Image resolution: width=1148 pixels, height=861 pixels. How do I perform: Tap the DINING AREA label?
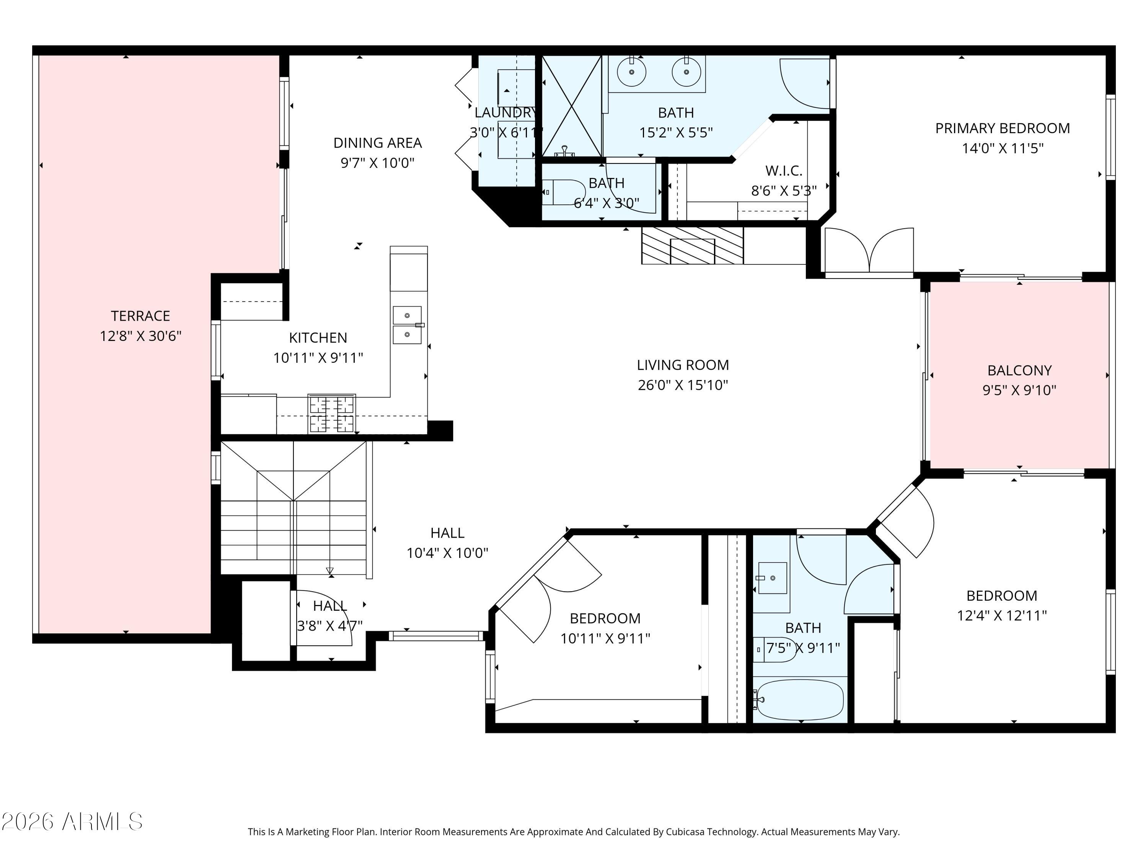(x=377, y=143)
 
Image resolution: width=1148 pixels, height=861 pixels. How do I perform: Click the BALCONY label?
(x=1019, y=370)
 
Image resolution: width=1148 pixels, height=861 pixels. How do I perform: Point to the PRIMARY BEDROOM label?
(x=1002, y=128)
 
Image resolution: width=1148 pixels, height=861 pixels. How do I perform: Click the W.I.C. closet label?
(x=784, y=171)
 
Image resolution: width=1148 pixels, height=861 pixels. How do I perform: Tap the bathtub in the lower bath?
(x=800, y=700)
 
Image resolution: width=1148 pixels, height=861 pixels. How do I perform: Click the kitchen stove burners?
(x=332, y=414)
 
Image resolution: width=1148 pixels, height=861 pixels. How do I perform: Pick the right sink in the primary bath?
(x=686, y=72)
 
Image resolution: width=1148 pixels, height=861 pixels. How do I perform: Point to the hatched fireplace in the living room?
(x=692, y=246)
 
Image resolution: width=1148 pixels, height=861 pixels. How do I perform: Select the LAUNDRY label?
(x=506, y=113)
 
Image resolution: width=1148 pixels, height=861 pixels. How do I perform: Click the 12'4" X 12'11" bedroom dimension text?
(x=1002, y=615)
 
